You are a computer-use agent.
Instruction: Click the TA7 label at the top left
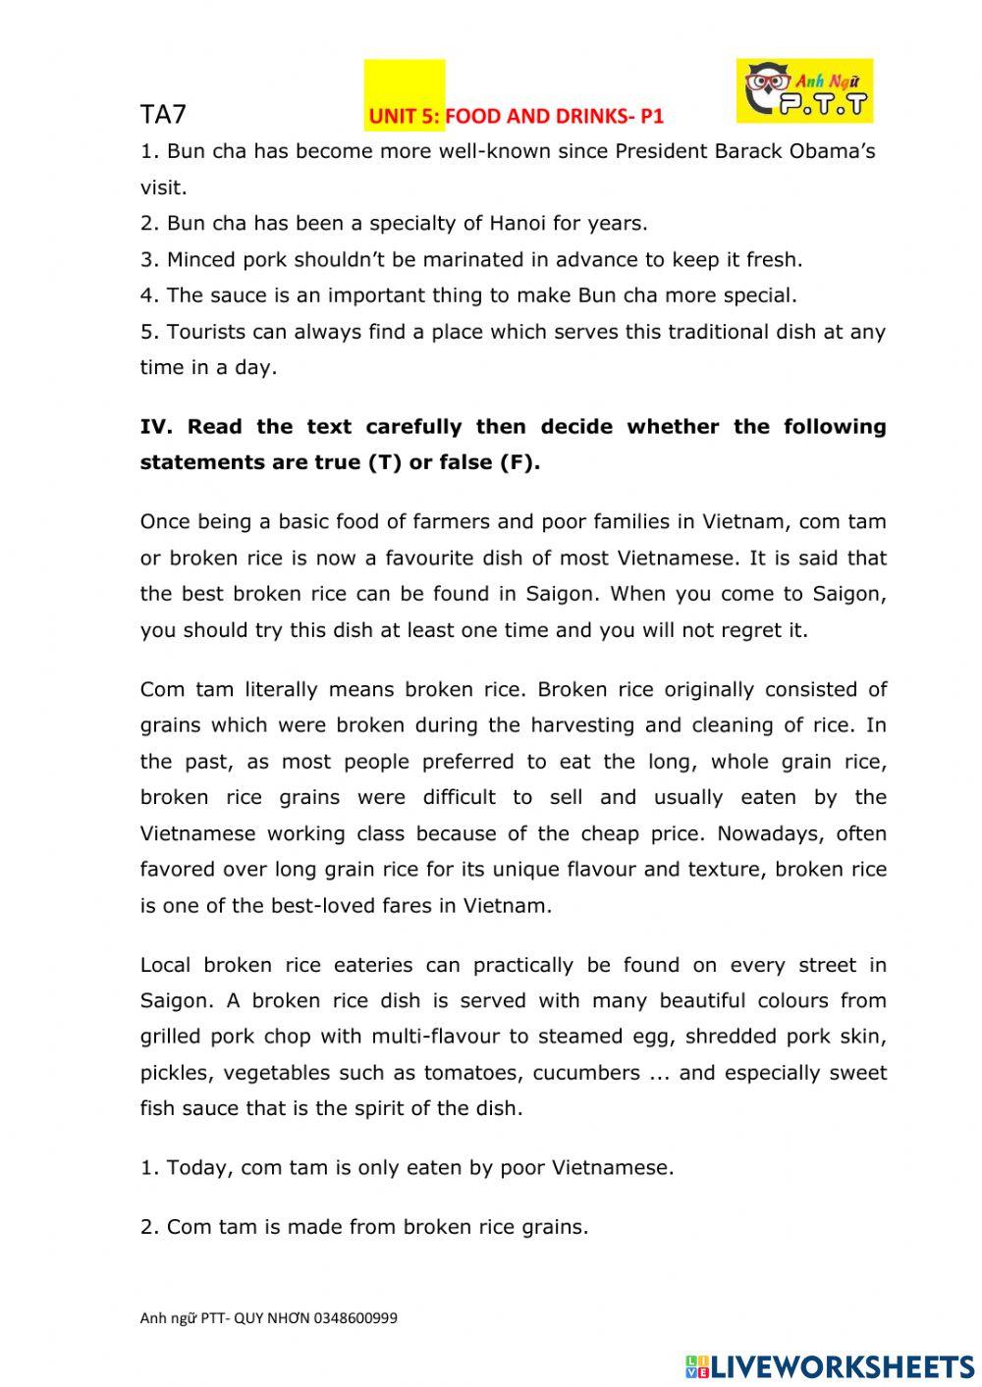(x=163, y=115)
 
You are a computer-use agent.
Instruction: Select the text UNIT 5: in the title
(x=405, y=117)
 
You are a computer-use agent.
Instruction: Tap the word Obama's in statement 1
(x=837, y=151)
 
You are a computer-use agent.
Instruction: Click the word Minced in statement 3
(x=201, y=259)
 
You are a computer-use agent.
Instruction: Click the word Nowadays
(x=760, y=833)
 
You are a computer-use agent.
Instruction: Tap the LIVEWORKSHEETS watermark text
(x=842, y=1365)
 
